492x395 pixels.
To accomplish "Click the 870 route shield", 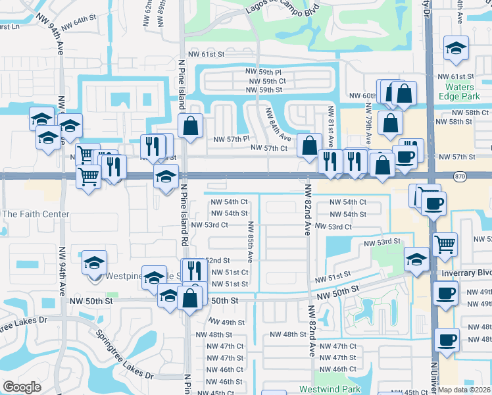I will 460,176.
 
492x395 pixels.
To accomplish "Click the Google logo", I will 22,387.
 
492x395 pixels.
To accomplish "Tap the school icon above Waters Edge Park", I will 456,48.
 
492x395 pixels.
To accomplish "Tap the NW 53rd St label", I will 383,242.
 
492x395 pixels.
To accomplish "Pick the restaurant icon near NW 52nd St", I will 195,269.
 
